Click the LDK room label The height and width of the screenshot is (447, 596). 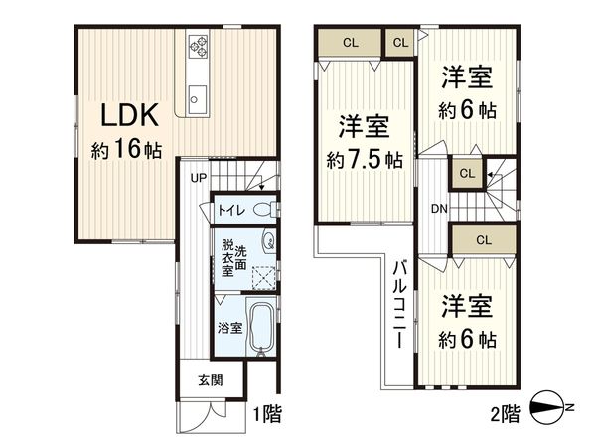click(x=127, y=115)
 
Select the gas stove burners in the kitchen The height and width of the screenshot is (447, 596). click(x=196, y=46)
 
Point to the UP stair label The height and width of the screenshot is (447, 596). click(x=199, y=179)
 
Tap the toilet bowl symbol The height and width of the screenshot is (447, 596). click(x=263, y=210)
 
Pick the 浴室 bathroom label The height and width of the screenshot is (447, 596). click(x=229, y=327)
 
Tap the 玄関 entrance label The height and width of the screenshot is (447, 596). click(x=209, y=379)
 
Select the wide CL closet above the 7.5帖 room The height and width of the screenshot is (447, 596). click(x=351, y=43)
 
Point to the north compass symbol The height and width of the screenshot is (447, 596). click(x=550, y=409)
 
